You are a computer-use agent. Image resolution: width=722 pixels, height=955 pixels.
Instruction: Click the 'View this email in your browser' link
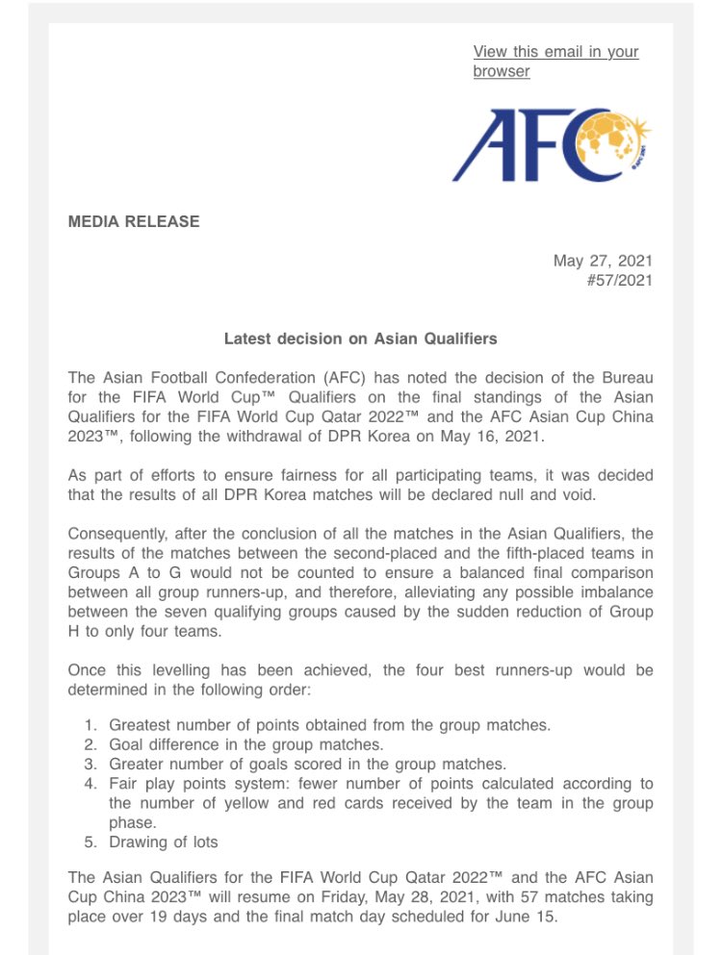[x=554, y=61]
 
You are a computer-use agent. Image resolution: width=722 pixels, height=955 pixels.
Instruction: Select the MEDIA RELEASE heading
[x=134, y=222]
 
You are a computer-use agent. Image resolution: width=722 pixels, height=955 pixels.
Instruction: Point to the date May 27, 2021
[x=603, y=261]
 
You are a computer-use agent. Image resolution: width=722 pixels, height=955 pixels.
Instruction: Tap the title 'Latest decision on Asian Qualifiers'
[x=361, y=339]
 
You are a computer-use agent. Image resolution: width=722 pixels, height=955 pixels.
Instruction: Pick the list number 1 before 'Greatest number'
[x=90, y=724]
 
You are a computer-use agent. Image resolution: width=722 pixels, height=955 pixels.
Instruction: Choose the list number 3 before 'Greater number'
[x=90, y=764]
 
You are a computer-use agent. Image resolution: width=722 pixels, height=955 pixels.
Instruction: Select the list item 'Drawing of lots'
[x=164, y=842]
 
